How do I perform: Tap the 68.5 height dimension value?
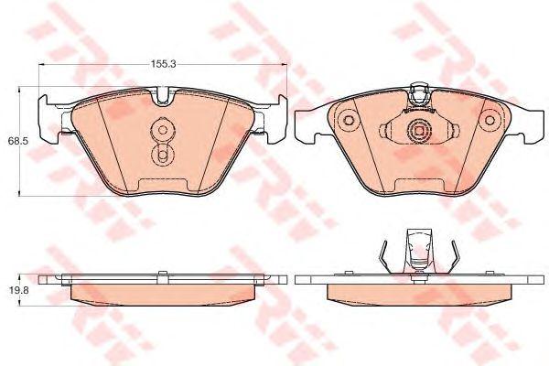(16, 142)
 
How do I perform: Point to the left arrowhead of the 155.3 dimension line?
(41, 64)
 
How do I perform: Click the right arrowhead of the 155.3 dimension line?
(284, 64)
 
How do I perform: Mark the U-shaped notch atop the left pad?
(162, 96)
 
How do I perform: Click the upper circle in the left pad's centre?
(163, 130)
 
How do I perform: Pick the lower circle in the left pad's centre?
(162, 154)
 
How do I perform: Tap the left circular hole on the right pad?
(348, 120)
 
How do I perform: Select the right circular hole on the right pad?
(490, 120)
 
